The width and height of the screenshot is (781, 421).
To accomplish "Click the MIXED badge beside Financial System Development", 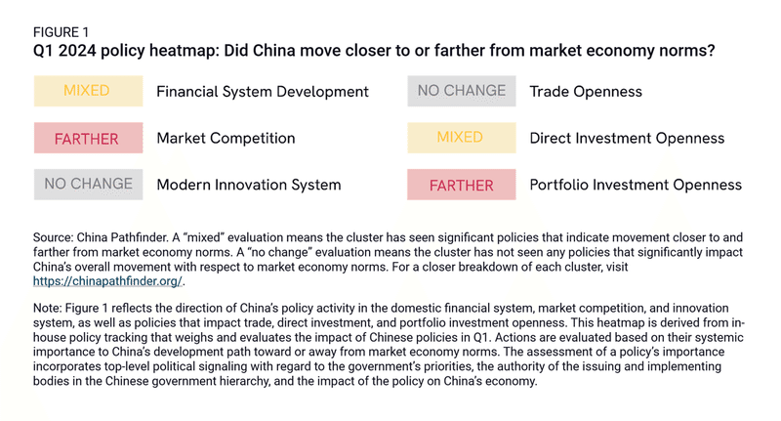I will pyautogui.click(x=86, y=92).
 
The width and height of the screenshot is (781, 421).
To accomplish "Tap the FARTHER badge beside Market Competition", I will pyautogui.click(x=86, y=138).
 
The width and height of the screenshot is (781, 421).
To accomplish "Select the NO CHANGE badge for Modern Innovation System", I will pyautogui.click(x=88, y=184).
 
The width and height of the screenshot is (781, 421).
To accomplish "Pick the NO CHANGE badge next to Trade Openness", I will pyautogui.click(x=461, y=91).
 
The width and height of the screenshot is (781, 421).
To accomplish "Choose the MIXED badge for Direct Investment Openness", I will pyautogui.click(x=461, y=137).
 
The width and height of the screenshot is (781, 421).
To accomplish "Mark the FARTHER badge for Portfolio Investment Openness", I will pyautogui.click(x=461, y=185).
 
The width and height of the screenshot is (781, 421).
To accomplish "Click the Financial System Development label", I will pyautogui.click(x=263, y=92).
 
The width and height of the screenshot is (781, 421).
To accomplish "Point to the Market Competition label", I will pyautogui.click(x=226, y=138).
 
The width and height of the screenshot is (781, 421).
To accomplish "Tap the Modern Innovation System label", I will pyautogui.click(x=249, y=185).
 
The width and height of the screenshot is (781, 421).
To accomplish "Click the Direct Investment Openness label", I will pyautogui.click(x=627, y=138).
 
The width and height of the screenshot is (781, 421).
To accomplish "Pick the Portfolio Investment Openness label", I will pyautogui.click(x=636, y=185).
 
